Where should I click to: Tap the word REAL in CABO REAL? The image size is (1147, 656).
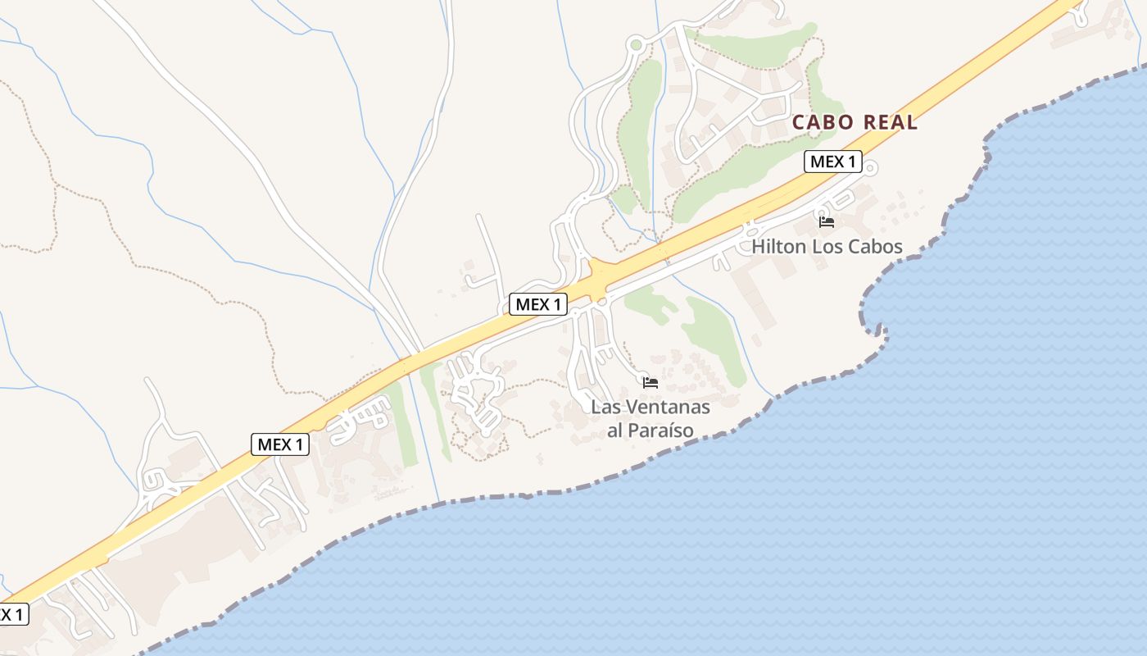pyautogui.click(x=888, y=123)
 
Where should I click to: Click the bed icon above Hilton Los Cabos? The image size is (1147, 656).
pyautogui.click(x=827, y=221)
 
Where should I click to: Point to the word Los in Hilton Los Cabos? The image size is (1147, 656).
pyautogui.click(x=827, y=246)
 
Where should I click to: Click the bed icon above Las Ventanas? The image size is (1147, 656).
pyautogui.click(x=651, y=382)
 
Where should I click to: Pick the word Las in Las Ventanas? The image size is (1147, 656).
pyautogui.click(x=606, y=407)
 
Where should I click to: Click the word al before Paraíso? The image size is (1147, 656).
pyautogui.click(x=615, y=430)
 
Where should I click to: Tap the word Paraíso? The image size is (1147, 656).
pyautogui.click(x=663, y=430)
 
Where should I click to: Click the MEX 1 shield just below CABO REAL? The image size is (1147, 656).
pyautogui.click(x=832, y=162)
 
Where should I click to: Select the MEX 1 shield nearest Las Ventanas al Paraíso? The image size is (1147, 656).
pyautogui.click(x=538, y=304)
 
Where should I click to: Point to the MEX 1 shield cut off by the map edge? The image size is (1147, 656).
pyautogui.click(x=12, y=614)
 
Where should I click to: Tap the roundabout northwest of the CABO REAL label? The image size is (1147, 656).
pyautogui.click(x=636, y=45)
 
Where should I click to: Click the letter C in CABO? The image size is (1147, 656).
pyautogui.click(x=799, y=123)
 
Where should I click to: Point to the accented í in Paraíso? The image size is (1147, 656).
pyautogui.click(x=669, y=430)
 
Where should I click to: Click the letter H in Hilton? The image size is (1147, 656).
pyautogui.click(x=759, y=246)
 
